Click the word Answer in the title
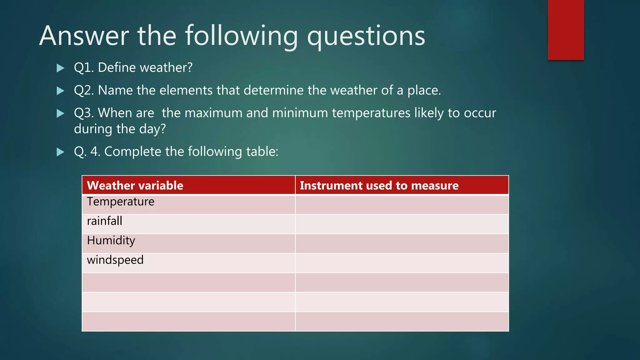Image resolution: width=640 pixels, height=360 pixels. [x=84, y=36]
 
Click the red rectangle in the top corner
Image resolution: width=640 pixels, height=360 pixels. [x=566, y=30]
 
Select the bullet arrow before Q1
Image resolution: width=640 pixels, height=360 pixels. [x=60, y=68]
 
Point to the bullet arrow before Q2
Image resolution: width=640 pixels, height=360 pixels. [x=60, y=91]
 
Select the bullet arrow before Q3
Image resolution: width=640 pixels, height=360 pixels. [x=60, y=113]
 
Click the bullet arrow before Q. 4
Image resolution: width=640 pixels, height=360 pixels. [x=60, y=152]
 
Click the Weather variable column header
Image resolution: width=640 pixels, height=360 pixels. [x=135, y=185]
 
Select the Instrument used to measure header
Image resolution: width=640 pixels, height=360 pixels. [x=379, y=185]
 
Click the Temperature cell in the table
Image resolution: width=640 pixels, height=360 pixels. [x=121, y=202]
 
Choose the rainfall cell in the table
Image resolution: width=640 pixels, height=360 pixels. [x=105, y=221]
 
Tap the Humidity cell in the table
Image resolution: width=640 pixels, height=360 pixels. [x=111, y=241]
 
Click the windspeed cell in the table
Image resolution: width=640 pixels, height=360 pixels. [x=115, y=260]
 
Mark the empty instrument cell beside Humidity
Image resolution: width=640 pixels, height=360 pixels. [x=402, y=243]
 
